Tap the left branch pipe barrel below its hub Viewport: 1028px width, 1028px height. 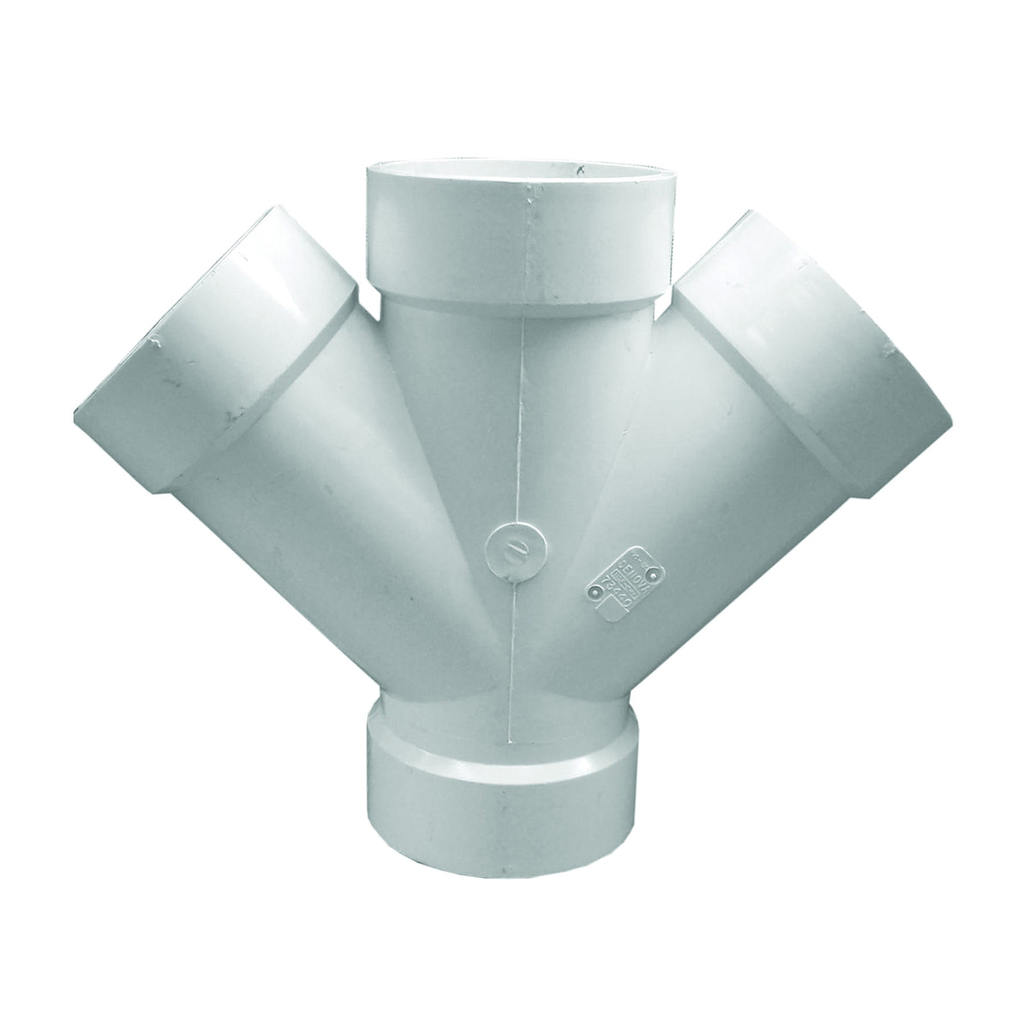tap(343, 480)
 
